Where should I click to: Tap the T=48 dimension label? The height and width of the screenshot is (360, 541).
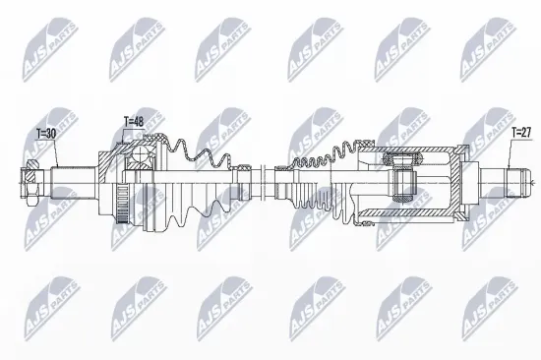(x=134, y=121)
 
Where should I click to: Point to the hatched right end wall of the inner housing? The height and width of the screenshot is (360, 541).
(x=458, y=179)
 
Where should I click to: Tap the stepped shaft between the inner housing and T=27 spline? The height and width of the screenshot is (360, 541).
(x=483, y=180)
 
